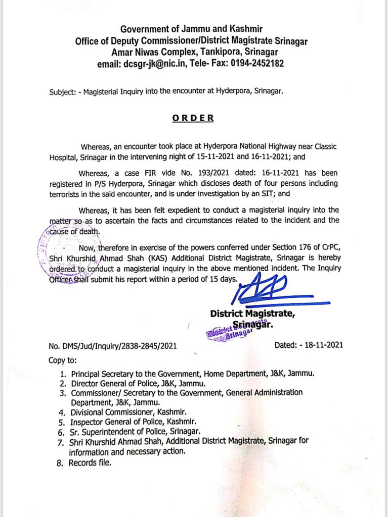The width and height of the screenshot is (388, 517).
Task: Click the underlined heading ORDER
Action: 193,118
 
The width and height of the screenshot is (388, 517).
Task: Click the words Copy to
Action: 63,360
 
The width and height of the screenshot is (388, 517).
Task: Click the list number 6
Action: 61,432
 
